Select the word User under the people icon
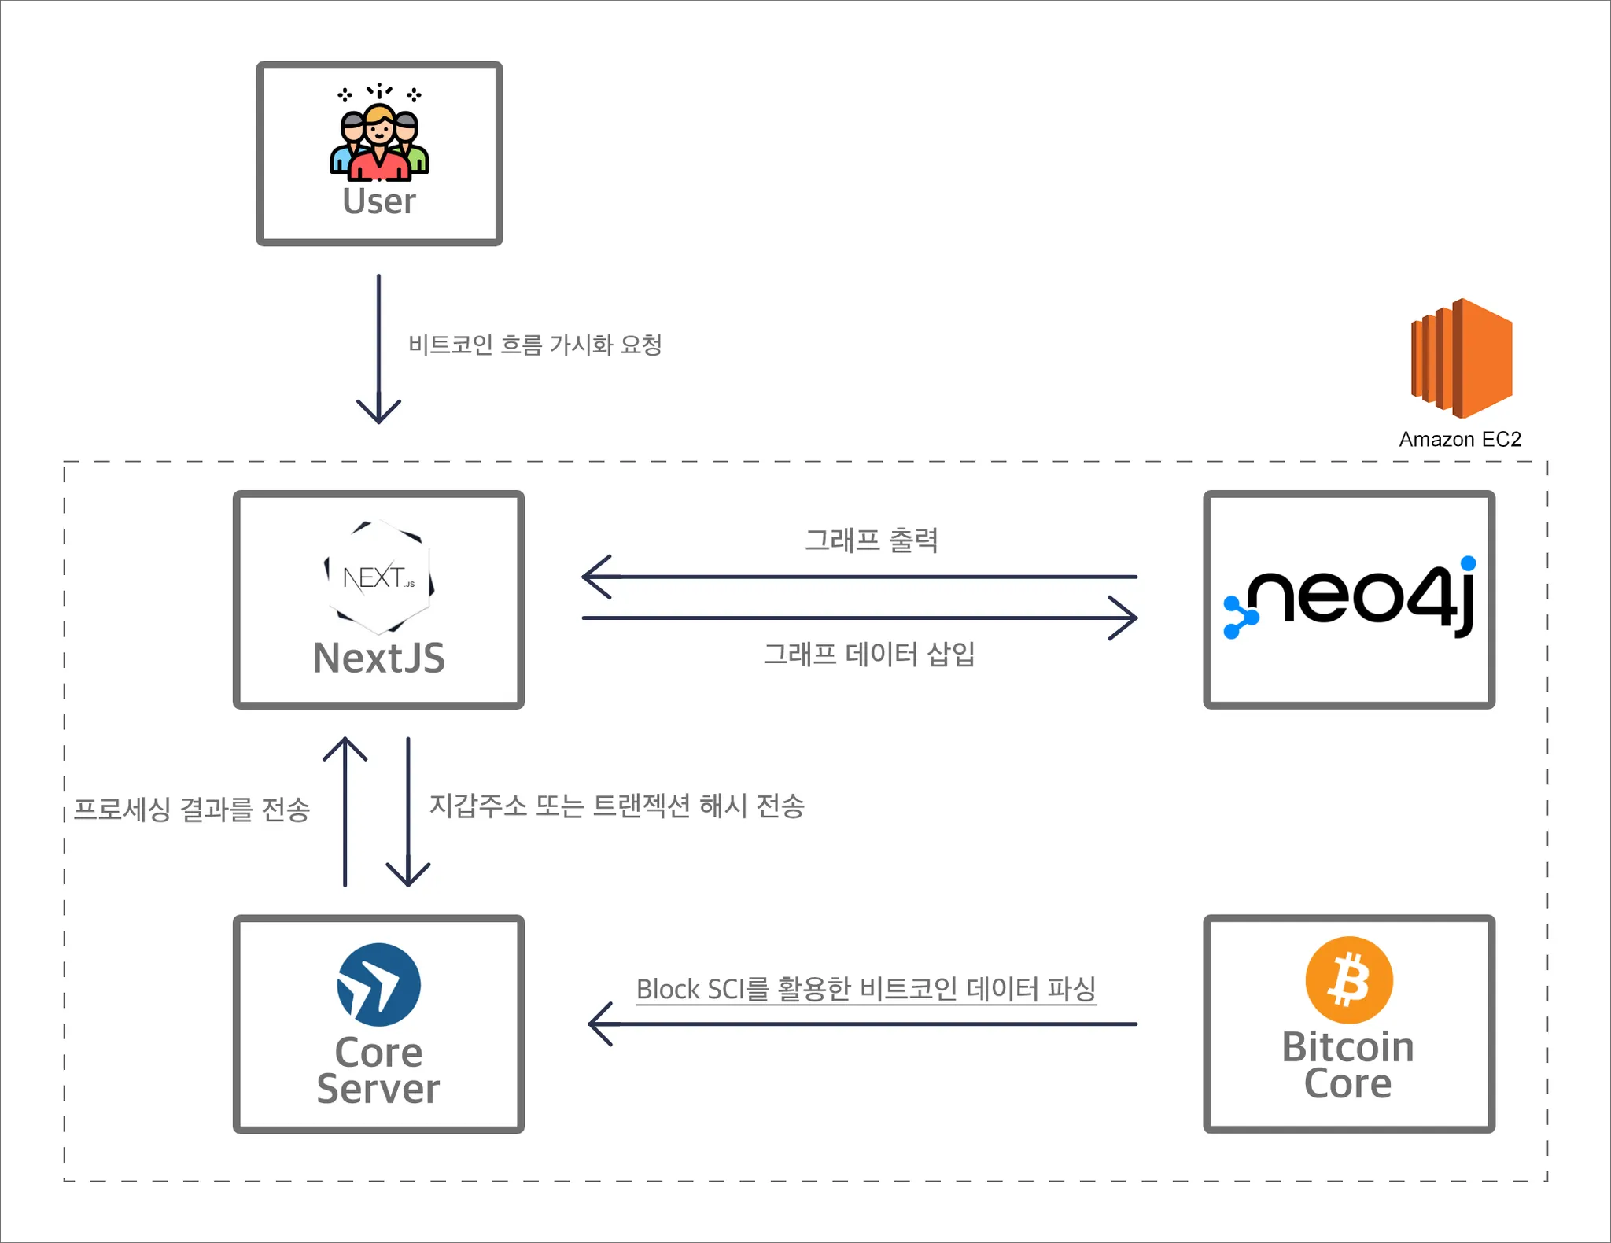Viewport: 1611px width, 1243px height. click(x=379, y=201)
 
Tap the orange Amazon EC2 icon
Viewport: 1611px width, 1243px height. click(x=1462, y=358)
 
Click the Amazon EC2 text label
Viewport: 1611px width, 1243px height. click(x=1460, y=439)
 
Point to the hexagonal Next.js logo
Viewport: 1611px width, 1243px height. click(x=379, y=577)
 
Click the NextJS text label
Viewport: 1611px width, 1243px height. click(x=379, y=658)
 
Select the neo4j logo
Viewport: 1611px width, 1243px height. click(x=1350, y=598)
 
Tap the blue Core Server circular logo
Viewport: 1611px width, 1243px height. click(x=379, y=984)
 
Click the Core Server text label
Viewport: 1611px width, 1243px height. click(x=379, y=1070)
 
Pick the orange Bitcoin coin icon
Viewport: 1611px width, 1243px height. click(x=1349, y=979)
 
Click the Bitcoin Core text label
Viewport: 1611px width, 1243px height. click(x=1348, y=1065)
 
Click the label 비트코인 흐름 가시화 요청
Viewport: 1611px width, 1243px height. click(x=535, y=345)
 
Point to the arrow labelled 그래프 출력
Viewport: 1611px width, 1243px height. click(x=859, y=577)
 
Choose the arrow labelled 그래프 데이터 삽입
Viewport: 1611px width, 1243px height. click(x=859, y=618)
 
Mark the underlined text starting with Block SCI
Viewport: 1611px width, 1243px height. click(x=866, y=989)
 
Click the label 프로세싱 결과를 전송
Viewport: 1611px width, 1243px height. click(x=192, y=809)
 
